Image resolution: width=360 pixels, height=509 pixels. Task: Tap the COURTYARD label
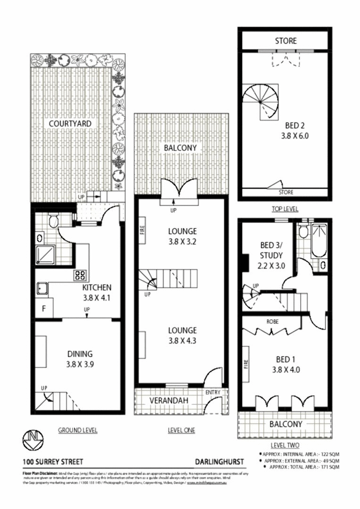(70, 123)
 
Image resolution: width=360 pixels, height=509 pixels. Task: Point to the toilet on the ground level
(52, 220)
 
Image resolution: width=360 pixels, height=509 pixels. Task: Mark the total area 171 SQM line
(303, 467)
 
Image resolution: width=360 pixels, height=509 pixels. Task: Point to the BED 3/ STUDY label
(271, 255)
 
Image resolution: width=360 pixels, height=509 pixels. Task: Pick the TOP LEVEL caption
(285, 209)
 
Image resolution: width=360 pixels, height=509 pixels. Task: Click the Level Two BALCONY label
(286, 424)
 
